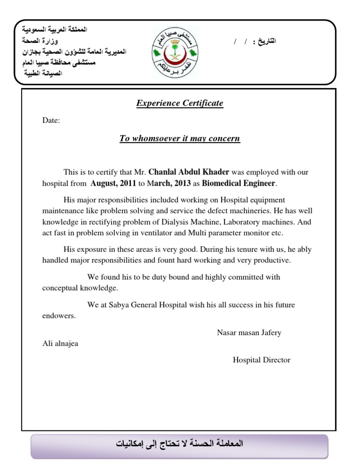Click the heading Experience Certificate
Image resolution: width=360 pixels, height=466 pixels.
tap(180, 103)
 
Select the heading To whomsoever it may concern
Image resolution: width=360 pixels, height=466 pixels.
tap(180, 138)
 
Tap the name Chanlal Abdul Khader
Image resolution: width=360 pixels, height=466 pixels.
tap(188, 173)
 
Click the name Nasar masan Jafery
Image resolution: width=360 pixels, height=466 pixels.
tap(249, 333)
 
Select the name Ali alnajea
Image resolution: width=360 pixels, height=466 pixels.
tap(60, 344)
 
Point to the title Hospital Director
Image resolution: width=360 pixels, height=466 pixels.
tap(262, 360)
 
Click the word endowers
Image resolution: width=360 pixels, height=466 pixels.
tap(59, 316)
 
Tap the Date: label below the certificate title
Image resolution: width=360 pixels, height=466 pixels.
tap(51, 120)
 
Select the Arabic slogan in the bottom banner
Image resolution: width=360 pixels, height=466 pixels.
tap(180, 443)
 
